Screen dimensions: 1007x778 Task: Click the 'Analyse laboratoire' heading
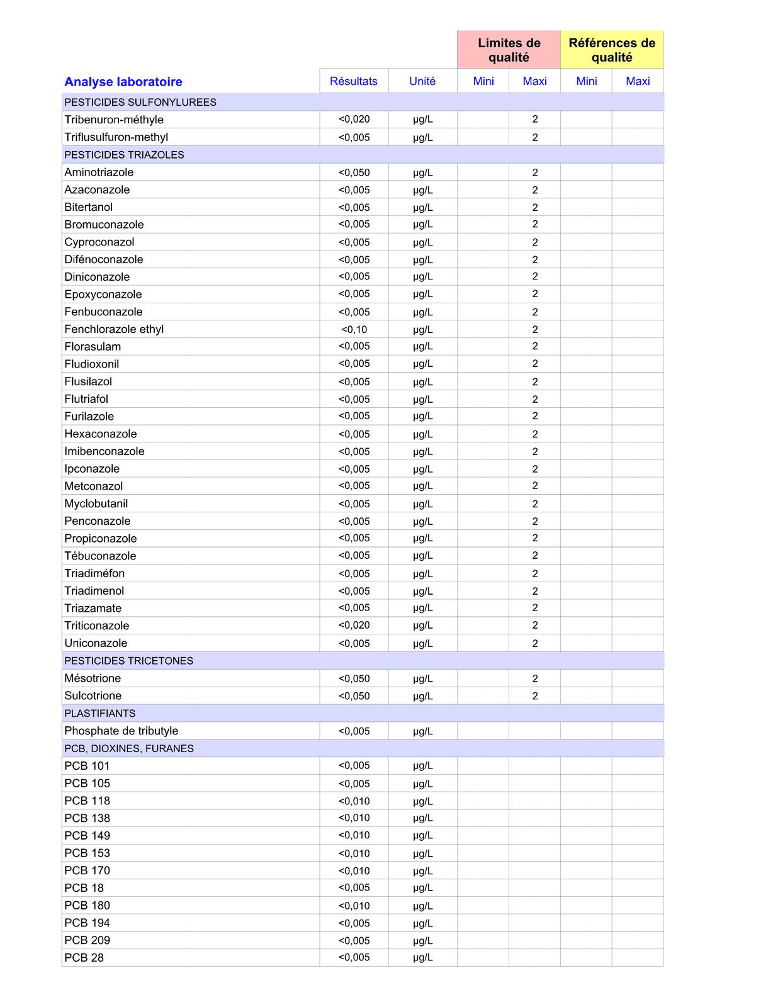click(x=123, y=82)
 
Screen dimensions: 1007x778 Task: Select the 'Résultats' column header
click(x=354, y=81)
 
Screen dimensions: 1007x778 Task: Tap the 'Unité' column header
click(x=422, y=81)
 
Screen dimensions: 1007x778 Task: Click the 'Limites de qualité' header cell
click(x=509, y=50)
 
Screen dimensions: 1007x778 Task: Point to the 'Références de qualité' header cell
click(x=612, y=50)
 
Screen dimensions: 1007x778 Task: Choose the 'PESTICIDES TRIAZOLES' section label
click(x=124, y=155)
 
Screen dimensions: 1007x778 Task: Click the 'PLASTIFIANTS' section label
click(x=100, y=713)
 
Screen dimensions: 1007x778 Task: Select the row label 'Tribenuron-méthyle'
click(x=114, y=120)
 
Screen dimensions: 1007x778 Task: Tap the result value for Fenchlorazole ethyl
click(x=354, y=329)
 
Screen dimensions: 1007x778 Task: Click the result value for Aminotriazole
click(x=354, y=172)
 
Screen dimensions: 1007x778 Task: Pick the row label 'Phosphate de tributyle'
click(x=121, y=731)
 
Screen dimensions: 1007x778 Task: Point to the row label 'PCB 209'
click(x=87, y=940)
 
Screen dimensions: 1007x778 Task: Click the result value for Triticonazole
click(x=354, y=625)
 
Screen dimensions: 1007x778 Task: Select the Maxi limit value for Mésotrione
click(x=535, y=678)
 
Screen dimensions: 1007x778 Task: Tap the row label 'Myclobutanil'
click(x=96, y=503)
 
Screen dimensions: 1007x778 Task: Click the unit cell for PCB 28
click(x=423, y=957)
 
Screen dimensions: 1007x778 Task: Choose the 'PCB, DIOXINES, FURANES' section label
click(x=129, y=748)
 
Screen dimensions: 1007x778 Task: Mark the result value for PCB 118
click(x=354, y=801)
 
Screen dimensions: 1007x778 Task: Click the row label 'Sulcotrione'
click(x=93, y=695)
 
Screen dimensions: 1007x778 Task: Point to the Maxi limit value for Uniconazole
click(x=535, y=643)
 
